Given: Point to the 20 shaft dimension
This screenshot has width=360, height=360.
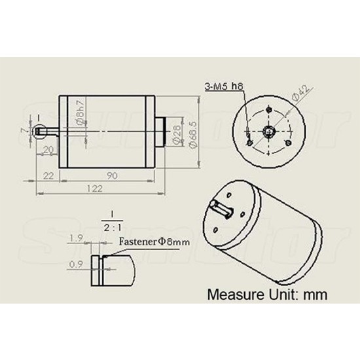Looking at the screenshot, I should click(x=48, y=149).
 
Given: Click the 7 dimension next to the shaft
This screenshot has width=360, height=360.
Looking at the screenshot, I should click(x=24, y=130).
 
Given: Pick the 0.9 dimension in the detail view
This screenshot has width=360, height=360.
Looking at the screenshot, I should click(x=75, y=264).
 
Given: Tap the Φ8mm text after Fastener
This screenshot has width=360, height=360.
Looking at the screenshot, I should click(x=174, y=242).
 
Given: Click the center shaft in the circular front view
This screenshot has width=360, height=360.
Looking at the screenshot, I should click(x=269, y=130).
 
